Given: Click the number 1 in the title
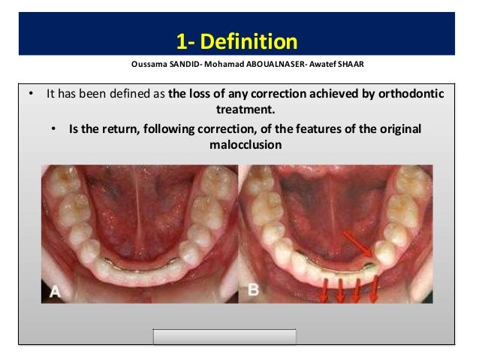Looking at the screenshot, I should pyautogui.click(x=181, y=39).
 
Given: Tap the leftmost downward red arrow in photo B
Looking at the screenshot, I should pyautogui.click(x=324, y=290).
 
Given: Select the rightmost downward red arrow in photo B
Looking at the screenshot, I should pyautogui.click(x=373, y=290).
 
